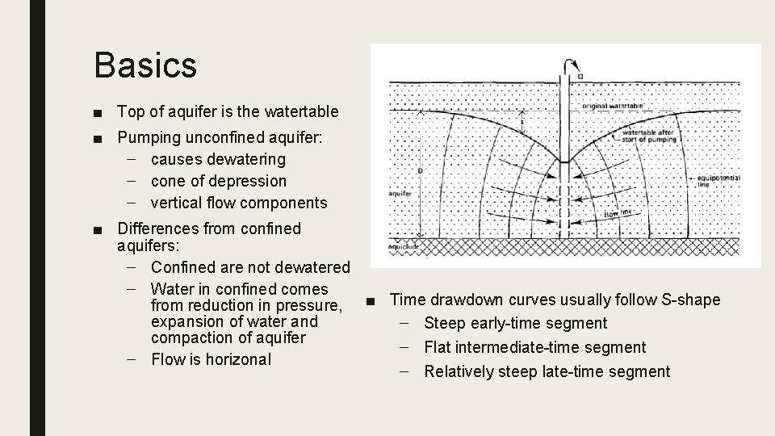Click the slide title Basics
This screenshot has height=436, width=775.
coord(145,65)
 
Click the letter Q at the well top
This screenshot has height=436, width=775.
coord(580,76)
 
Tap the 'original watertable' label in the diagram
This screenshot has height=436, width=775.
coord(613,105)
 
